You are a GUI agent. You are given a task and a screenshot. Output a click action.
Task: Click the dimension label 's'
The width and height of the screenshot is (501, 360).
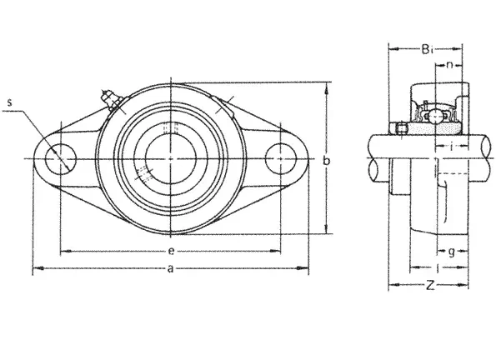tap(9, 102)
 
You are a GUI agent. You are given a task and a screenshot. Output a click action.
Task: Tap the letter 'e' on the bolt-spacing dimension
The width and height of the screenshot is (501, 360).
tap(171, 251)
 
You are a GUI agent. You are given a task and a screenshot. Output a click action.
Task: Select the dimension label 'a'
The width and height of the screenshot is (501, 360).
tap(171, 268)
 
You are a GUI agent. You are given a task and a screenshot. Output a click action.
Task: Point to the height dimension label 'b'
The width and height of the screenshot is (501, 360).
tap(326, 160)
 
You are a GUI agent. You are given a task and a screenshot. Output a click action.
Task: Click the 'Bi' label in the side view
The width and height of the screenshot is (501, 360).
tap(428, 49)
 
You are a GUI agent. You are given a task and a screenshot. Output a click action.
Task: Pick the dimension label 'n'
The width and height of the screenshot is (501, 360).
tap(450, 65)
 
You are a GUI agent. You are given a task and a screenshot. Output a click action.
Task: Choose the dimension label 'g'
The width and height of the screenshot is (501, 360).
tap(452, 252)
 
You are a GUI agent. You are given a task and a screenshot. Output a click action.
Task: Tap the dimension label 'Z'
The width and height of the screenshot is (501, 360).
tap(430, 285)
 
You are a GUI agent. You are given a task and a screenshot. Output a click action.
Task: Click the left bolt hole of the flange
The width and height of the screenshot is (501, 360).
tap(61, 159)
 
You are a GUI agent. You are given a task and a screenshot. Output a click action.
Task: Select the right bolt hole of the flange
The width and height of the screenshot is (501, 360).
tap(280, 159)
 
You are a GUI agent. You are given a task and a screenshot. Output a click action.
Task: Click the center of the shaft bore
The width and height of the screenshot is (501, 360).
tap(171, 159)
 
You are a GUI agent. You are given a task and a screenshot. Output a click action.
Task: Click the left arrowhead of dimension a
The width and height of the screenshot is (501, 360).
tap(38, 268)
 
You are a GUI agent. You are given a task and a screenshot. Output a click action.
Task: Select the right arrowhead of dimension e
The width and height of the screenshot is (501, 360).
tap(275, 251)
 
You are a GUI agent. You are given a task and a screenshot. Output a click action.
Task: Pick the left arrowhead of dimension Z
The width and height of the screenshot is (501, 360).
tap(394, 285)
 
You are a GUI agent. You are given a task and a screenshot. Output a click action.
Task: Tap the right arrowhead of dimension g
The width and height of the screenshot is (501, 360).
tap(463, 252)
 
